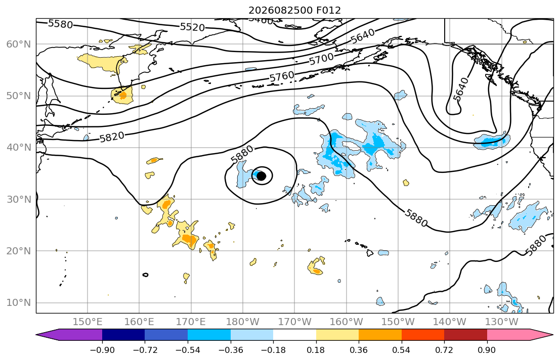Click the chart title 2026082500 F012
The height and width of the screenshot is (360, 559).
[294, 10]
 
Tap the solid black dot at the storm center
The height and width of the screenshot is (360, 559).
[262, 176]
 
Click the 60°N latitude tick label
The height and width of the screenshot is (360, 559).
[19, 44]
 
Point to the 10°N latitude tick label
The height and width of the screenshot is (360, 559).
[19, 303]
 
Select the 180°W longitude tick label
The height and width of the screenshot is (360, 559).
[243, 322]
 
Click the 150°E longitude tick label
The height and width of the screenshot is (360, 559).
[88, 322]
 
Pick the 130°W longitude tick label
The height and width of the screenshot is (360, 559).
[502, 322]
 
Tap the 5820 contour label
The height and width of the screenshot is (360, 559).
[112, 137]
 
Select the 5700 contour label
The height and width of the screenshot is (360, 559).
[322, 59]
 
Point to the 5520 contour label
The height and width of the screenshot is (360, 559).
[192, 27]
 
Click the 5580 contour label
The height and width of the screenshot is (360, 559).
[60, 24]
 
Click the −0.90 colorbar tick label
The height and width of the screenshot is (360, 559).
[102, 350]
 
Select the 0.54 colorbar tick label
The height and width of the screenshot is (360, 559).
[402, 350]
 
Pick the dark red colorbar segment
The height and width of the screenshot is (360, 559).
[465, 335]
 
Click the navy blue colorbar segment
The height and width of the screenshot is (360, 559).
[123, 335]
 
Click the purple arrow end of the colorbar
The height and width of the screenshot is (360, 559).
[71, 335]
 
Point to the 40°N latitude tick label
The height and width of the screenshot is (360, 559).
[19, 148]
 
